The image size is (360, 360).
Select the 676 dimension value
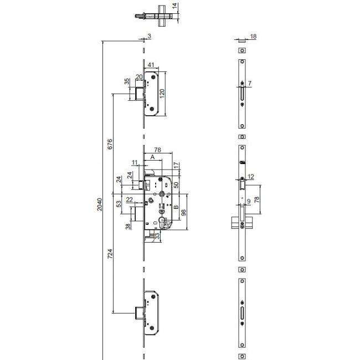pyautogui.click(x=110, y=144)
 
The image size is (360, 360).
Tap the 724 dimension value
pyautogui.click(x=110, y=254)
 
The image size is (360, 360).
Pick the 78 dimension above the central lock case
pyautogui.click(x=157, y=150)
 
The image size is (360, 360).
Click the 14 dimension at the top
pyautogui.click(x=175, y=6)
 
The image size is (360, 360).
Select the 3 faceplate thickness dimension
pyautogui.click(x=150, y=36)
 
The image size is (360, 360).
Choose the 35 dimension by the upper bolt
pyautogui.click(x=127, y=81)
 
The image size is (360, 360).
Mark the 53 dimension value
pyautogui.click(x=119, y=204)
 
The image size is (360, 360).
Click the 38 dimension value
pyautogui.click(x=127, y=225)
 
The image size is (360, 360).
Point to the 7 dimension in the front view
pyautogui.click(x=250, y=83)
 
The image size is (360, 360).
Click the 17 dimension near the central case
pyautogui.click(x=176, y=165)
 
